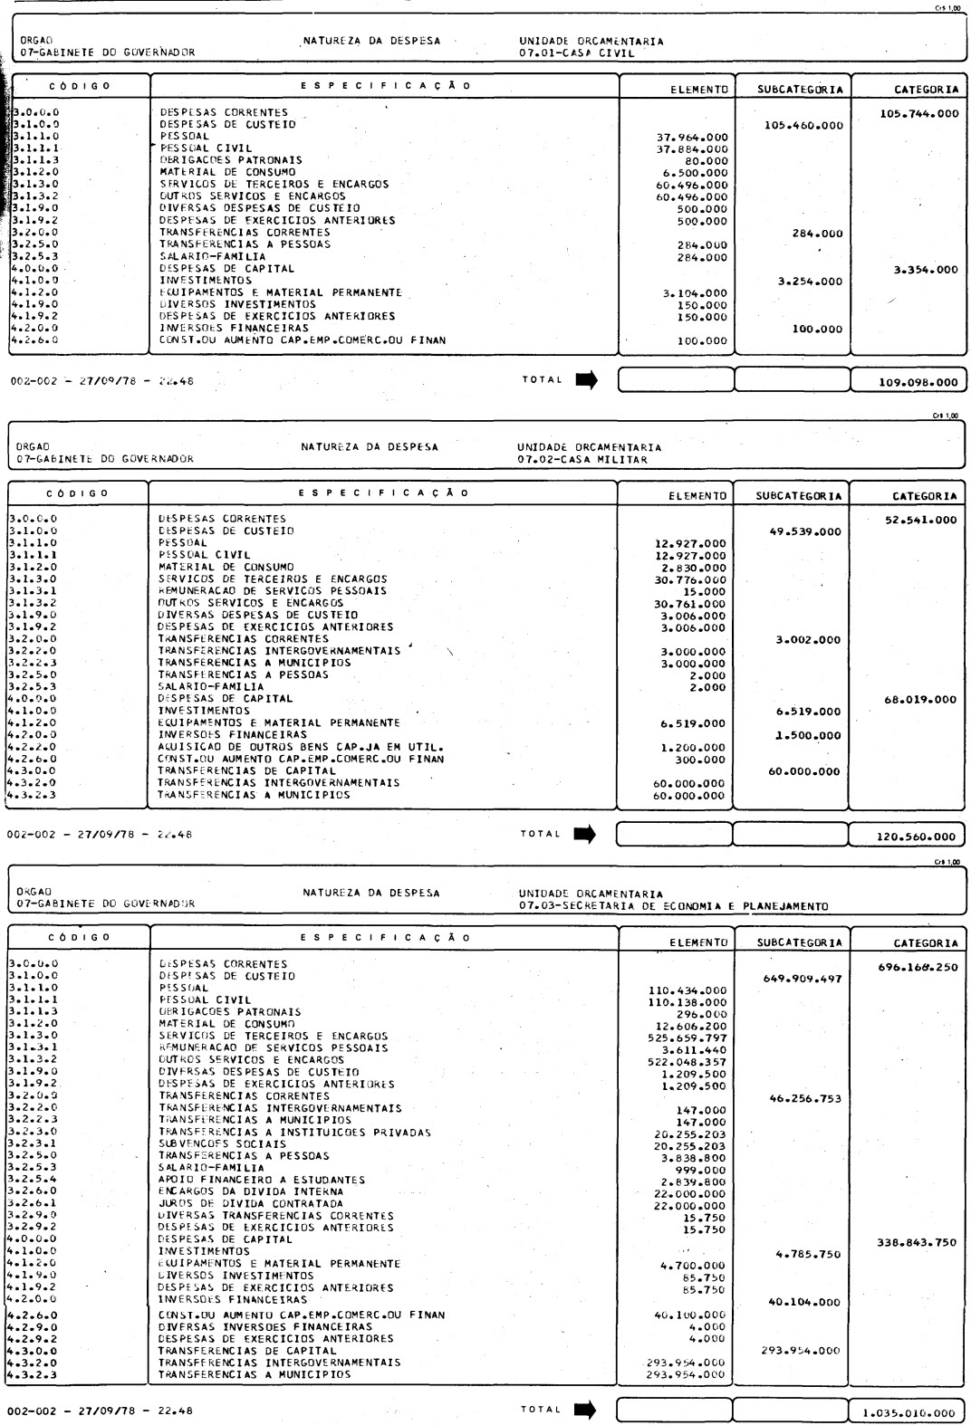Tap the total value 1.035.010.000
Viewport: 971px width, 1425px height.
click(909, 1412)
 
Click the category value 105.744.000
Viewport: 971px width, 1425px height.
click(918, 114)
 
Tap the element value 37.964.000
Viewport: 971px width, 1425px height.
click(693, 138)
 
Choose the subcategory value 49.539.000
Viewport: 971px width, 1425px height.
click(804, 531)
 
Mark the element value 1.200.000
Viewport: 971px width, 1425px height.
click(693, 748)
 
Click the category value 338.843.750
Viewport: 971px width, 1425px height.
click(917, 1242)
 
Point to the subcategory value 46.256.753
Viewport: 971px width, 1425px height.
click(804, 1099)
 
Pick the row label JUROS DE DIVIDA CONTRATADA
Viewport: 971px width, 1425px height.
click(251, 1203)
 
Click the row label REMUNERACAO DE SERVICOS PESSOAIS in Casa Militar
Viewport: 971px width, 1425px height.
click(272, 590)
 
